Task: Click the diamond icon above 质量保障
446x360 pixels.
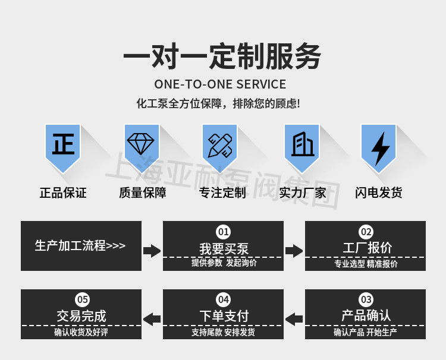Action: (x=141, y=144)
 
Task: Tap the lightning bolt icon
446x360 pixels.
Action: (x=381, y=149)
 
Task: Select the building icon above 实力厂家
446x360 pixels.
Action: (x=303, y=144)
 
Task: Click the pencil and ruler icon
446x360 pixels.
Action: (x=220, y=146)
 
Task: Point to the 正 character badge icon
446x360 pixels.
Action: (x=63, y=144)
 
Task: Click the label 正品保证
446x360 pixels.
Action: (x=63, y=193)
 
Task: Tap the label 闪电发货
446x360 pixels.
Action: (x=379, y=193)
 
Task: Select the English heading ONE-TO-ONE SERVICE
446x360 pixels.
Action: (x=220, y=84)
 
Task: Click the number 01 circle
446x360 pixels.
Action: (x=223, y=232)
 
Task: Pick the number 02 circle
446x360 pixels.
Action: (x=366, y=232)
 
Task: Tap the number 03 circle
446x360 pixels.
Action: (x=366, y=299)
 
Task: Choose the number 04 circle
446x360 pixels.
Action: (x=223, y=299)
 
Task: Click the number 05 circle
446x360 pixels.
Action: (x=83, y=299)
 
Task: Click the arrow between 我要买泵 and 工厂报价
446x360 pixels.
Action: (x=294, y=251)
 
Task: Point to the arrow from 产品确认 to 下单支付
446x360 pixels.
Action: (x=294, y=319)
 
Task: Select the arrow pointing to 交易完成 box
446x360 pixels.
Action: (x=152, y=319)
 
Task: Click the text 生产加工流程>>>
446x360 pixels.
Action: (x=80, y=246)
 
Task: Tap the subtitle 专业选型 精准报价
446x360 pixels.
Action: (x=366, y=264)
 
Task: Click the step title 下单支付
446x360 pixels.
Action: (x=224, y=316)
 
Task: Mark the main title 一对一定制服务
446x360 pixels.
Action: (x=222, y=56)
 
